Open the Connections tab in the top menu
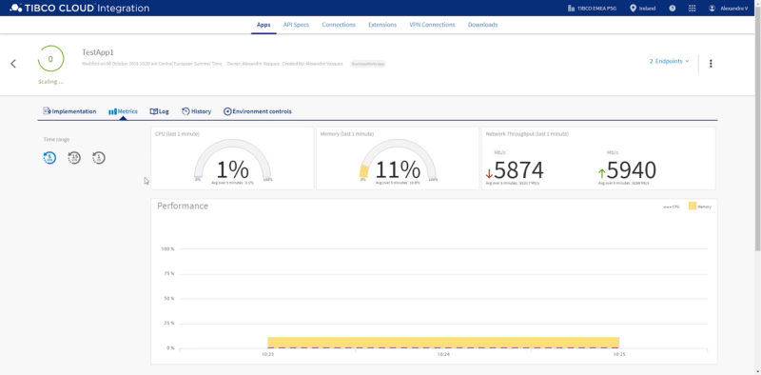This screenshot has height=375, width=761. [339, 25]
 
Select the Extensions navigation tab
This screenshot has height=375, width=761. [381, 25]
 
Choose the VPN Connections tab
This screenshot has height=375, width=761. [432, 25]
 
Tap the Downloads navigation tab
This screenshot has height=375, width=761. [482, 25]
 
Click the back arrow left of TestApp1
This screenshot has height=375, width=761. [13, 64]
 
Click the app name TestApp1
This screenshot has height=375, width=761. [98, 52]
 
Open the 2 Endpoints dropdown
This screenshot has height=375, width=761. [669, 61]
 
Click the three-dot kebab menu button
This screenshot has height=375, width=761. [711, 64]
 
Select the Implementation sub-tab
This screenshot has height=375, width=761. [69, 111]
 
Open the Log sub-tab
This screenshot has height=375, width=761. [159, 111]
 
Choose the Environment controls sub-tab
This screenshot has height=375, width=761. [258, 111]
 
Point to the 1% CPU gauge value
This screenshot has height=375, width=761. [233, 169]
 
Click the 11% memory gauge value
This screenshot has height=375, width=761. [398, 169]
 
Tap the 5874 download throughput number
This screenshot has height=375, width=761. [518, 169]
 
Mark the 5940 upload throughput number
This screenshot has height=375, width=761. [632, 169]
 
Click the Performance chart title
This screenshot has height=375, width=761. [183, 206]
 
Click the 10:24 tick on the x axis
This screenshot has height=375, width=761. [443, 354]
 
